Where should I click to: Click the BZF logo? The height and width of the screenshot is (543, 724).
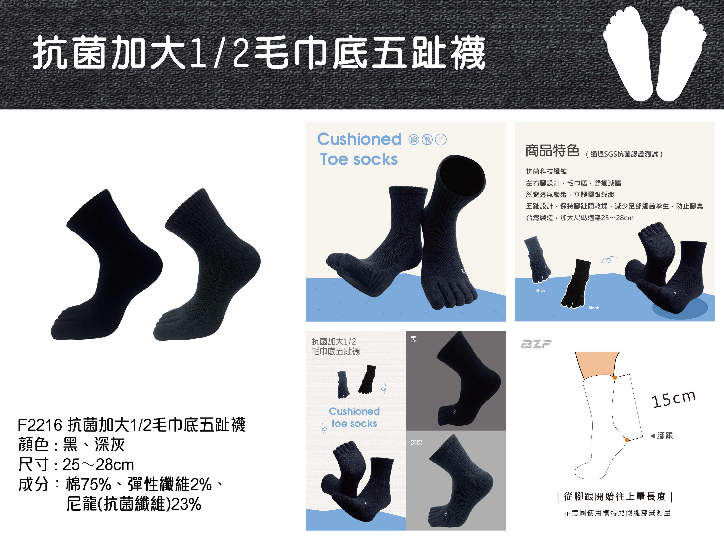536,344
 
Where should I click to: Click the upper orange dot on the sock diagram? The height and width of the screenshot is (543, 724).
615,378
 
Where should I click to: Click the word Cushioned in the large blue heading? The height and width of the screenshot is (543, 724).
359,139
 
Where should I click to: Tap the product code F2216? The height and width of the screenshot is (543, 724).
40,425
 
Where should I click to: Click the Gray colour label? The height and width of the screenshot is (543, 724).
541,290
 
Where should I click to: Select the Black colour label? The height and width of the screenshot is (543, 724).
594,308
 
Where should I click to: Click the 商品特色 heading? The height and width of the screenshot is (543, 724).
552,151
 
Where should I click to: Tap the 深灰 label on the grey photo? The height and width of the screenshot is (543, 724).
416,443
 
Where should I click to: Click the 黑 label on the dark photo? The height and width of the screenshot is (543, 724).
414,339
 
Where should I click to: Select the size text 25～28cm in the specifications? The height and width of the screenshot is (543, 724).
98,464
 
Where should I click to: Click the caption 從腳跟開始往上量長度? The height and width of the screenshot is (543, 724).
615,497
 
